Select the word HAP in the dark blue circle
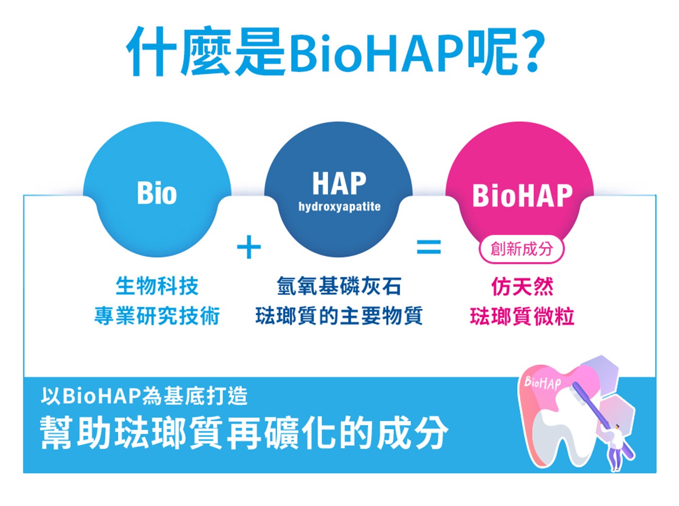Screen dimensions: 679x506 click(339, 183)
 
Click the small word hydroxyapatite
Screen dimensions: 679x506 click(339, 207)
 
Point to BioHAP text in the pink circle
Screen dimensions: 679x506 click(522, 196)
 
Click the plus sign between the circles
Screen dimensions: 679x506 click(249, 247)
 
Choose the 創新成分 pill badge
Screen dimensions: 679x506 click(521, 249)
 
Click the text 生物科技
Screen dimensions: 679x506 click(157, 286)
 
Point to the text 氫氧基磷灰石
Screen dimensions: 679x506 click(339, 286)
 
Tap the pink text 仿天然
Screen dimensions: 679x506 click(522, 286)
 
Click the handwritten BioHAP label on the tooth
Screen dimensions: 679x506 click(542, 383)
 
